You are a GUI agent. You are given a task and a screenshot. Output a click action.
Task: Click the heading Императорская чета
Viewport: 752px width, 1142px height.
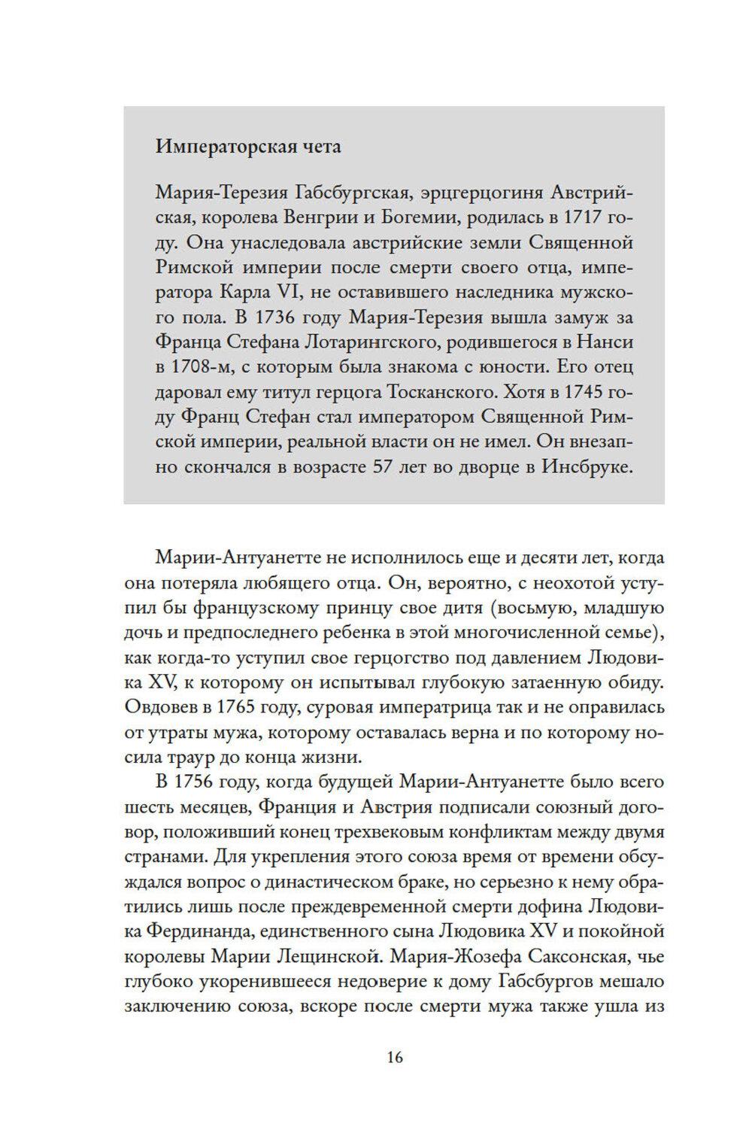tap(248, 146)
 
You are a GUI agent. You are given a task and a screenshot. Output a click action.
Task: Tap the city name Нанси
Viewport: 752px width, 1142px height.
tap(606, 342)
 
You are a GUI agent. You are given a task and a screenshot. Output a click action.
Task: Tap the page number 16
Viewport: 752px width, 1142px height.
tap(395, 1058)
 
